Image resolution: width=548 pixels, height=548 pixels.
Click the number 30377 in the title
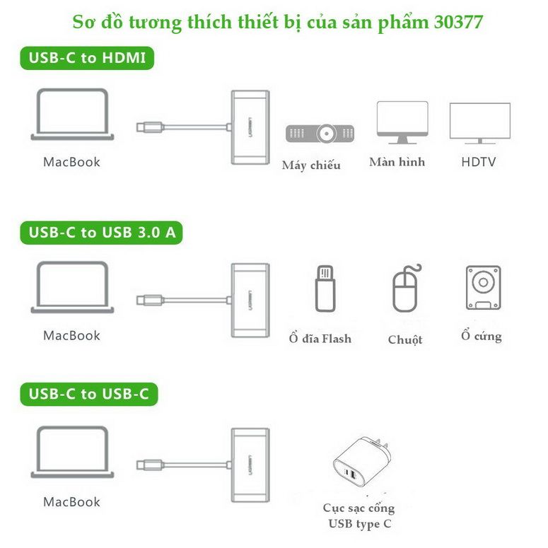[x=458, y=22]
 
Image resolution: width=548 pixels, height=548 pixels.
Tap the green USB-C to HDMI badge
[x=87, y=58]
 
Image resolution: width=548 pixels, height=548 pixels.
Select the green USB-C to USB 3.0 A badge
[x=101, y=233]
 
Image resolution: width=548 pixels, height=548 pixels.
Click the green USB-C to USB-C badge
[x=89, y=395]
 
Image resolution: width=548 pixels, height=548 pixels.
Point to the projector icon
[x=320, y=134]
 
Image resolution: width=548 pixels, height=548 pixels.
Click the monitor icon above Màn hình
[x=402, y=122]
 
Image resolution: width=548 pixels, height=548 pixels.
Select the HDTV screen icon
[x=480, y=123]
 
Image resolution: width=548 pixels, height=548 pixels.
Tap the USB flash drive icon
[x=325, y=288]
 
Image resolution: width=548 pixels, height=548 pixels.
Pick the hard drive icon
[x=484, y=288]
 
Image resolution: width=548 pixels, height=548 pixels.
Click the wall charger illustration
[x=362, y=462]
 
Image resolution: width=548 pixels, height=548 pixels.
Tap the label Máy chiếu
[x=311, y=165]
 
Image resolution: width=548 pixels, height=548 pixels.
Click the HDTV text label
[x=479, y=162]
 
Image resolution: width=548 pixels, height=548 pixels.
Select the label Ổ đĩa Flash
[x=320, y=338]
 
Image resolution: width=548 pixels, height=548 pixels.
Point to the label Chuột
[x=405, y=339]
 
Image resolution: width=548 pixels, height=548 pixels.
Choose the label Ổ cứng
[x=482, y=335]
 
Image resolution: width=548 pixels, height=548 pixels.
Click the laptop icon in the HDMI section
[x=72, y=115]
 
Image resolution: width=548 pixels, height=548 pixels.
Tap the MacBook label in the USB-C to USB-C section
[x=71, y=502]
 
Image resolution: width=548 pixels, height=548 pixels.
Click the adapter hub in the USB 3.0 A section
[x=250, y=301]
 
